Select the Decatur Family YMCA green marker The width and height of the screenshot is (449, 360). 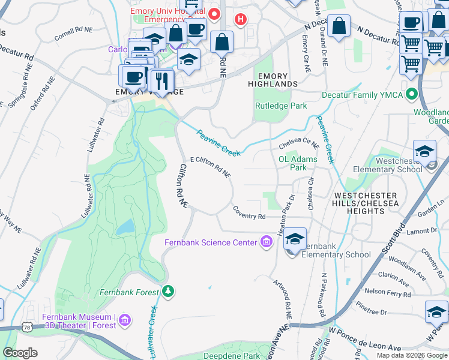pyautogui.click(x=412, y=94)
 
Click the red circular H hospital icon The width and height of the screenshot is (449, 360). pyautogui.click(x=241, y=20)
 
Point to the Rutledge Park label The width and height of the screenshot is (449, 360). pyautogui.click(x=281, y=106)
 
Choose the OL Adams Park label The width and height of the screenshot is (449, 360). pyautogui.click(x=293, y=163)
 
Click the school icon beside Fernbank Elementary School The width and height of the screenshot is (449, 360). pyautogui.click(x=295, y=238)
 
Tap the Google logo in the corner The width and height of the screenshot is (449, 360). pyautogui.click(x=20, y=352)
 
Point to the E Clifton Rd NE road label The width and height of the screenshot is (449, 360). pyautogui.click(x=210, y=167)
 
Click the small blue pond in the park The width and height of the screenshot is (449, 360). pyautogui.click(x=125, y=227)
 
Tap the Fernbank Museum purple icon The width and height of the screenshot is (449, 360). pyautogui.click(x=125, y=320)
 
